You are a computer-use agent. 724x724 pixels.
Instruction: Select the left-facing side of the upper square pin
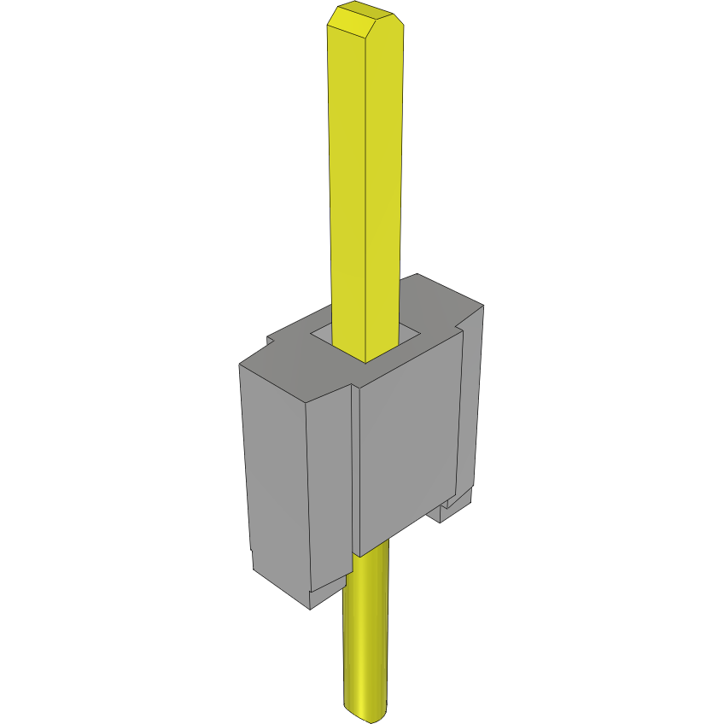coord(347,188)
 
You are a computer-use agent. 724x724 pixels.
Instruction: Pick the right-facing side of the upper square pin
coord(383,188)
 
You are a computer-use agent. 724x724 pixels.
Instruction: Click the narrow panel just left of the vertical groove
coord(330,487)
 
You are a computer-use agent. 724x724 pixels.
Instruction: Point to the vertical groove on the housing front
coord(353,478)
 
